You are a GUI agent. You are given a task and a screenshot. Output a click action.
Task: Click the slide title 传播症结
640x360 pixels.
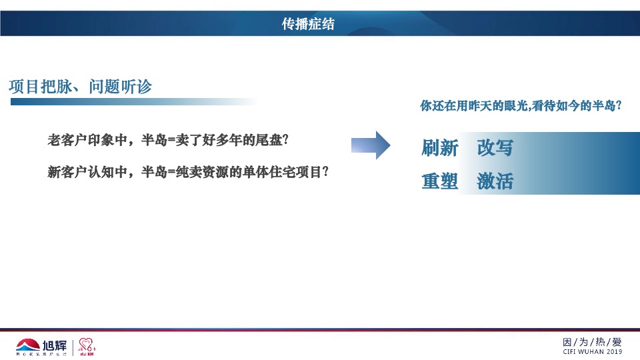coord(308,25)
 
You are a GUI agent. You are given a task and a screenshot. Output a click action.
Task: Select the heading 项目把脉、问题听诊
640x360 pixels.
coord(81,87)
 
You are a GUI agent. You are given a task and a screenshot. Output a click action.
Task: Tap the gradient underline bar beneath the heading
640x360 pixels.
coord(133,102)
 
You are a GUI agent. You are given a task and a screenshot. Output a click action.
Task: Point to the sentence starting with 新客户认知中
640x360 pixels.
coord(188,172)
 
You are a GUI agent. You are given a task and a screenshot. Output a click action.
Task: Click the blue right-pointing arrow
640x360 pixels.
coord(371,145)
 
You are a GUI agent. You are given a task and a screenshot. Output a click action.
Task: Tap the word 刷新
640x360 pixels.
coord(440,148)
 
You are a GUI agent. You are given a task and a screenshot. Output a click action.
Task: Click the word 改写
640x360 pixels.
coord(495,148)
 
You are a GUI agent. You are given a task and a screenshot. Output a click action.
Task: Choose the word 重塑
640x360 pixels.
coord(440,181)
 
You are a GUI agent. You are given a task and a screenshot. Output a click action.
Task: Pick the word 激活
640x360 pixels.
coord(495,181)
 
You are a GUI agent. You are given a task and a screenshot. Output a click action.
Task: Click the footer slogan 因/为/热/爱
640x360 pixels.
coord(593,341)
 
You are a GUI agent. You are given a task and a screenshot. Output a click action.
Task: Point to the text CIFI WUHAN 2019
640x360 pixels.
coord(593,351)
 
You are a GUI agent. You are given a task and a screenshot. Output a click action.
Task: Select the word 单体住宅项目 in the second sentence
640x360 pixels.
coord(288,172)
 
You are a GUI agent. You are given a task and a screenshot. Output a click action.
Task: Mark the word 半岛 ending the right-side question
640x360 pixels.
coord(604,105)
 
